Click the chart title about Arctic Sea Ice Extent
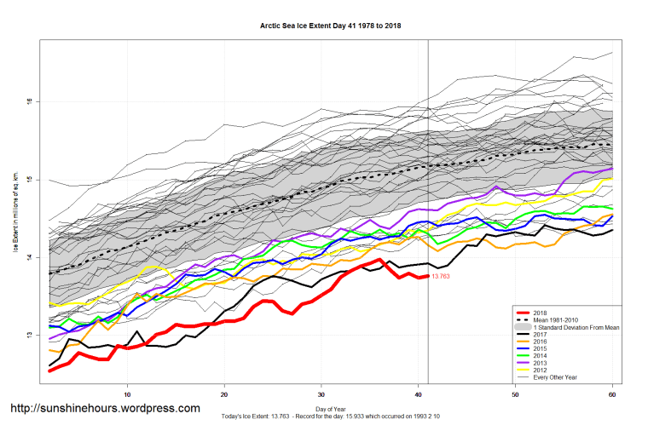coord(330,26)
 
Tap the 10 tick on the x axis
coord(127,394)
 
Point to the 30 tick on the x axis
coord(321,394)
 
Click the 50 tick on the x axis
coord(516,394)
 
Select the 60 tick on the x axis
coord(613,394)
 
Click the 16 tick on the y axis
coord(28,101)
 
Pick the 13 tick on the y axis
coord(28,336)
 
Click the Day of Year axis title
coord(330,411)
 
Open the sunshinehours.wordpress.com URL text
coord(105,409)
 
